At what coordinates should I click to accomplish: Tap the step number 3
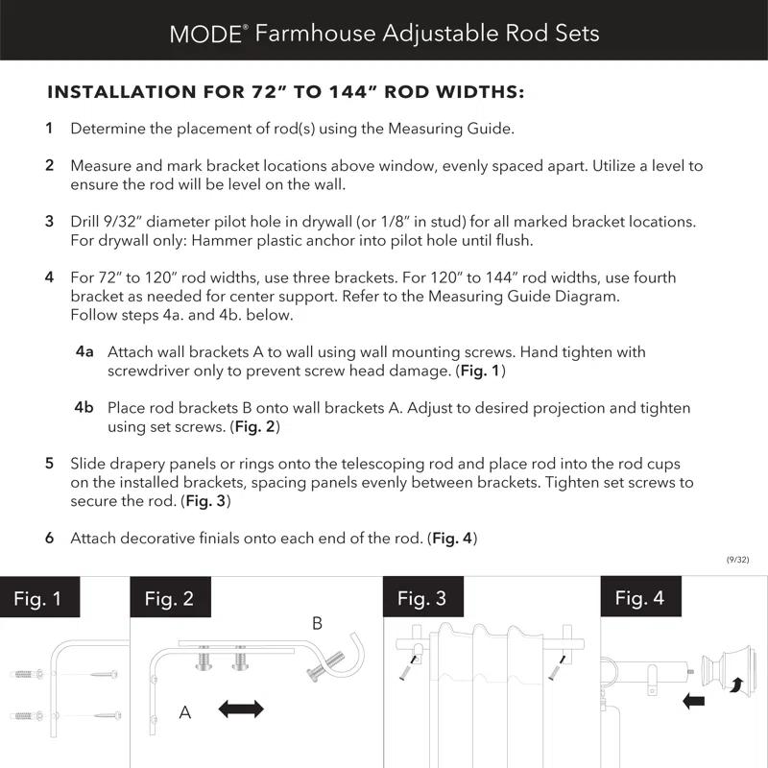point(49,222)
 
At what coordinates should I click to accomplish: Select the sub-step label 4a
point(84,352)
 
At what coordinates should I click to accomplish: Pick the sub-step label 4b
point(84,408)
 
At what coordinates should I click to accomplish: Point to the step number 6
point(49,539)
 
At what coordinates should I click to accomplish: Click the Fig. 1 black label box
point(37,599)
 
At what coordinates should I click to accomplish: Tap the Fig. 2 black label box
point(170,599)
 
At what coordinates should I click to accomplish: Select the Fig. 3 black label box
point(422,599)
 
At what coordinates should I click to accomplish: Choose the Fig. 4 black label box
point(639,599)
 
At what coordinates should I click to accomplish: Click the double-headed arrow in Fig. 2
point(241,709)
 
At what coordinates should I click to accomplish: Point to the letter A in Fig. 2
point(185,712)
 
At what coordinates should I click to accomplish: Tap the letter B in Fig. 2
point(317,623)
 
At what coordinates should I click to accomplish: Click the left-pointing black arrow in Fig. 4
point(693,701)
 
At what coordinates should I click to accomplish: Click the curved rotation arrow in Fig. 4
point(738,684)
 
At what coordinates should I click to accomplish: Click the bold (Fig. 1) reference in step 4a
point(480,371)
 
